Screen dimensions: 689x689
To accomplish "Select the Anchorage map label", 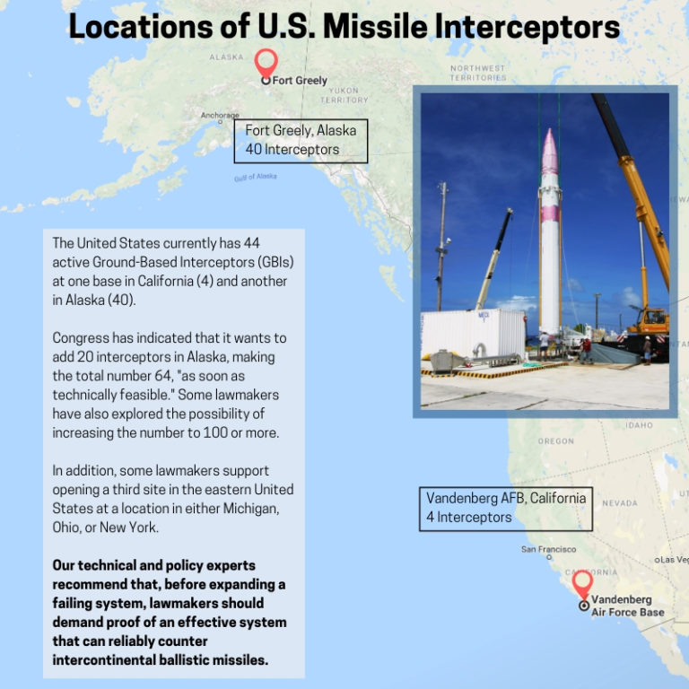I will [x=220, y=116].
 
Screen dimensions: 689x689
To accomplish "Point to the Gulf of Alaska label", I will [x=256, y=178].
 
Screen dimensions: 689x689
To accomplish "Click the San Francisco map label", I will [x=548, y=549].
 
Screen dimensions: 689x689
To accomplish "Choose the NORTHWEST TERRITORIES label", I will [x=478, y=74].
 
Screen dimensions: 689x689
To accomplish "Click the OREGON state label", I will [x=555, y=441].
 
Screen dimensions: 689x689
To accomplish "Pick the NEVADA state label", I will [x=620, y=503].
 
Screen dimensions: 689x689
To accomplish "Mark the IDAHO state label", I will [x=640, y=425].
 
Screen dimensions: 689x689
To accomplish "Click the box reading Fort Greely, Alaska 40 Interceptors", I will [x=301, y=141].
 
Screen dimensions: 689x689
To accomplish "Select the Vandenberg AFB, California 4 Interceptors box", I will [x=506, y=509].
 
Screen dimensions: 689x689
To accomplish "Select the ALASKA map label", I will [x=226, y=57].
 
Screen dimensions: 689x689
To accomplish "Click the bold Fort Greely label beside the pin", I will [x=301, y=81].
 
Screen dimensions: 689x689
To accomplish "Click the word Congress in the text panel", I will [x=82, y=338].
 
